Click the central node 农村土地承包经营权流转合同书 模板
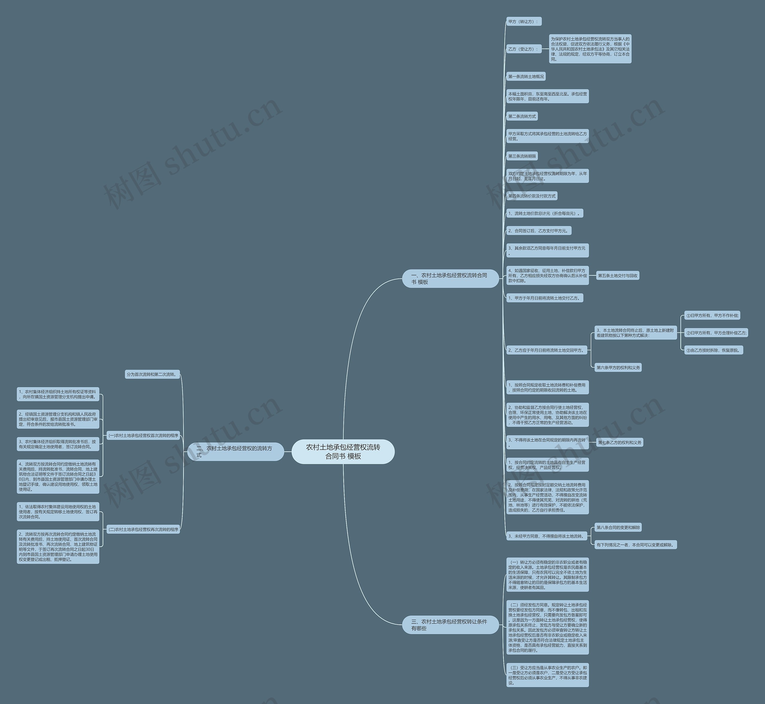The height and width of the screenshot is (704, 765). point(343,451)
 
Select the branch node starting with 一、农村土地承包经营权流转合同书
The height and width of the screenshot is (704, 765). point(450,278)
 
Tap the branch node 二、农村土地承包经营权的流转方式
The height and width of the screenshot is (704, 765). point(235,451)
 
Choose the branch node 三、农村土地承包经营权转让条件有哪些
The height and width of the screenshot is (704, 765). point(450,625)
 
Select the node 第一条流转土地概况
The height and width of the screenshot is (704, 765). point(526,76)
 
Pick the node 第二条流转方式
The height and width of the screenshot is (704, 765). point(522,116)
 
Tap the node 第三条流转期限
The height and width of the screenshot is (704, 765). point(522,156)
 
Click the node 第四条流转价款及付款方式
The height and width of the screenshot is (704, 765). point(532,196)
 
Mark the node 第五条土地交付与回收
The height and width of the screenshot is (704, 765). point(617,276)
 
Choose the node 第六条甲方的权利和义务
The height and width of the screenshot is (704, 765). point(618,368)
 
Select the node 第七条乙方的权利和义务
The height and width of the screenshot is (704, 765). point(620,443)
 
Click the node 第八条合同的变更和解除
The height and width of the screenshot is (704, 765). point(618,527)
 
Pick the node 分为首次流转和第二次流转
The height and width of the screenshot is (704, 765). point(152,375)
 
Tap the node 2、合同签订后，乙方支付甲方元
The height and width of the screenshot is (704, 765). point(538,231)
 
